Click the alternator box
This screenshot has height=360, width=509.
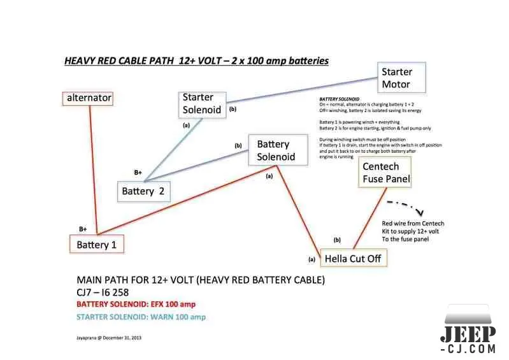89,97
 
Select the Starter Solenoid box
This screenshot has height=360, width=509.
202,103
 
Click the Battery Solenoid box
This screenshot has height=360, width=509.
275,150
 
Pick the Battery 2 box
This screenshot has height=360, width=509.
146,191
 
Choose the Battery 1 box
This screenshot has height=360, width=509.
97,244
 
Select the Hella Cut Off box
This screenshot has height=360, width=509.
352,259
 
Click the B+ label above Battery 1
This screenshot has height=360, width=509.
83,229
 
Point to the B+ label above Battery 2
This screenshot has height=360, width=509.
138,172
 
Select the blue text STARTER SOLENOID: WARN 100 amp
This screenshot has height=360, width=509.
141,317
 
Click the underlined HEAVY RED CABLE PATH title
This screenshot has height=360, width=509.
196,61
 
